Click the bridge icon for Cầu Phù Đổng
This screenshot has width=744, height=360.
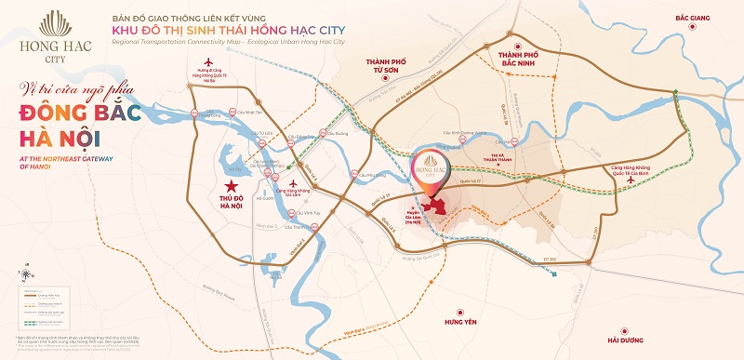[x=354, y=173]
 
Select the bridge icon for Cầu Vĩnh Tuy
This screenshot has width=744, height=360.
[x=290, y=214]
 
